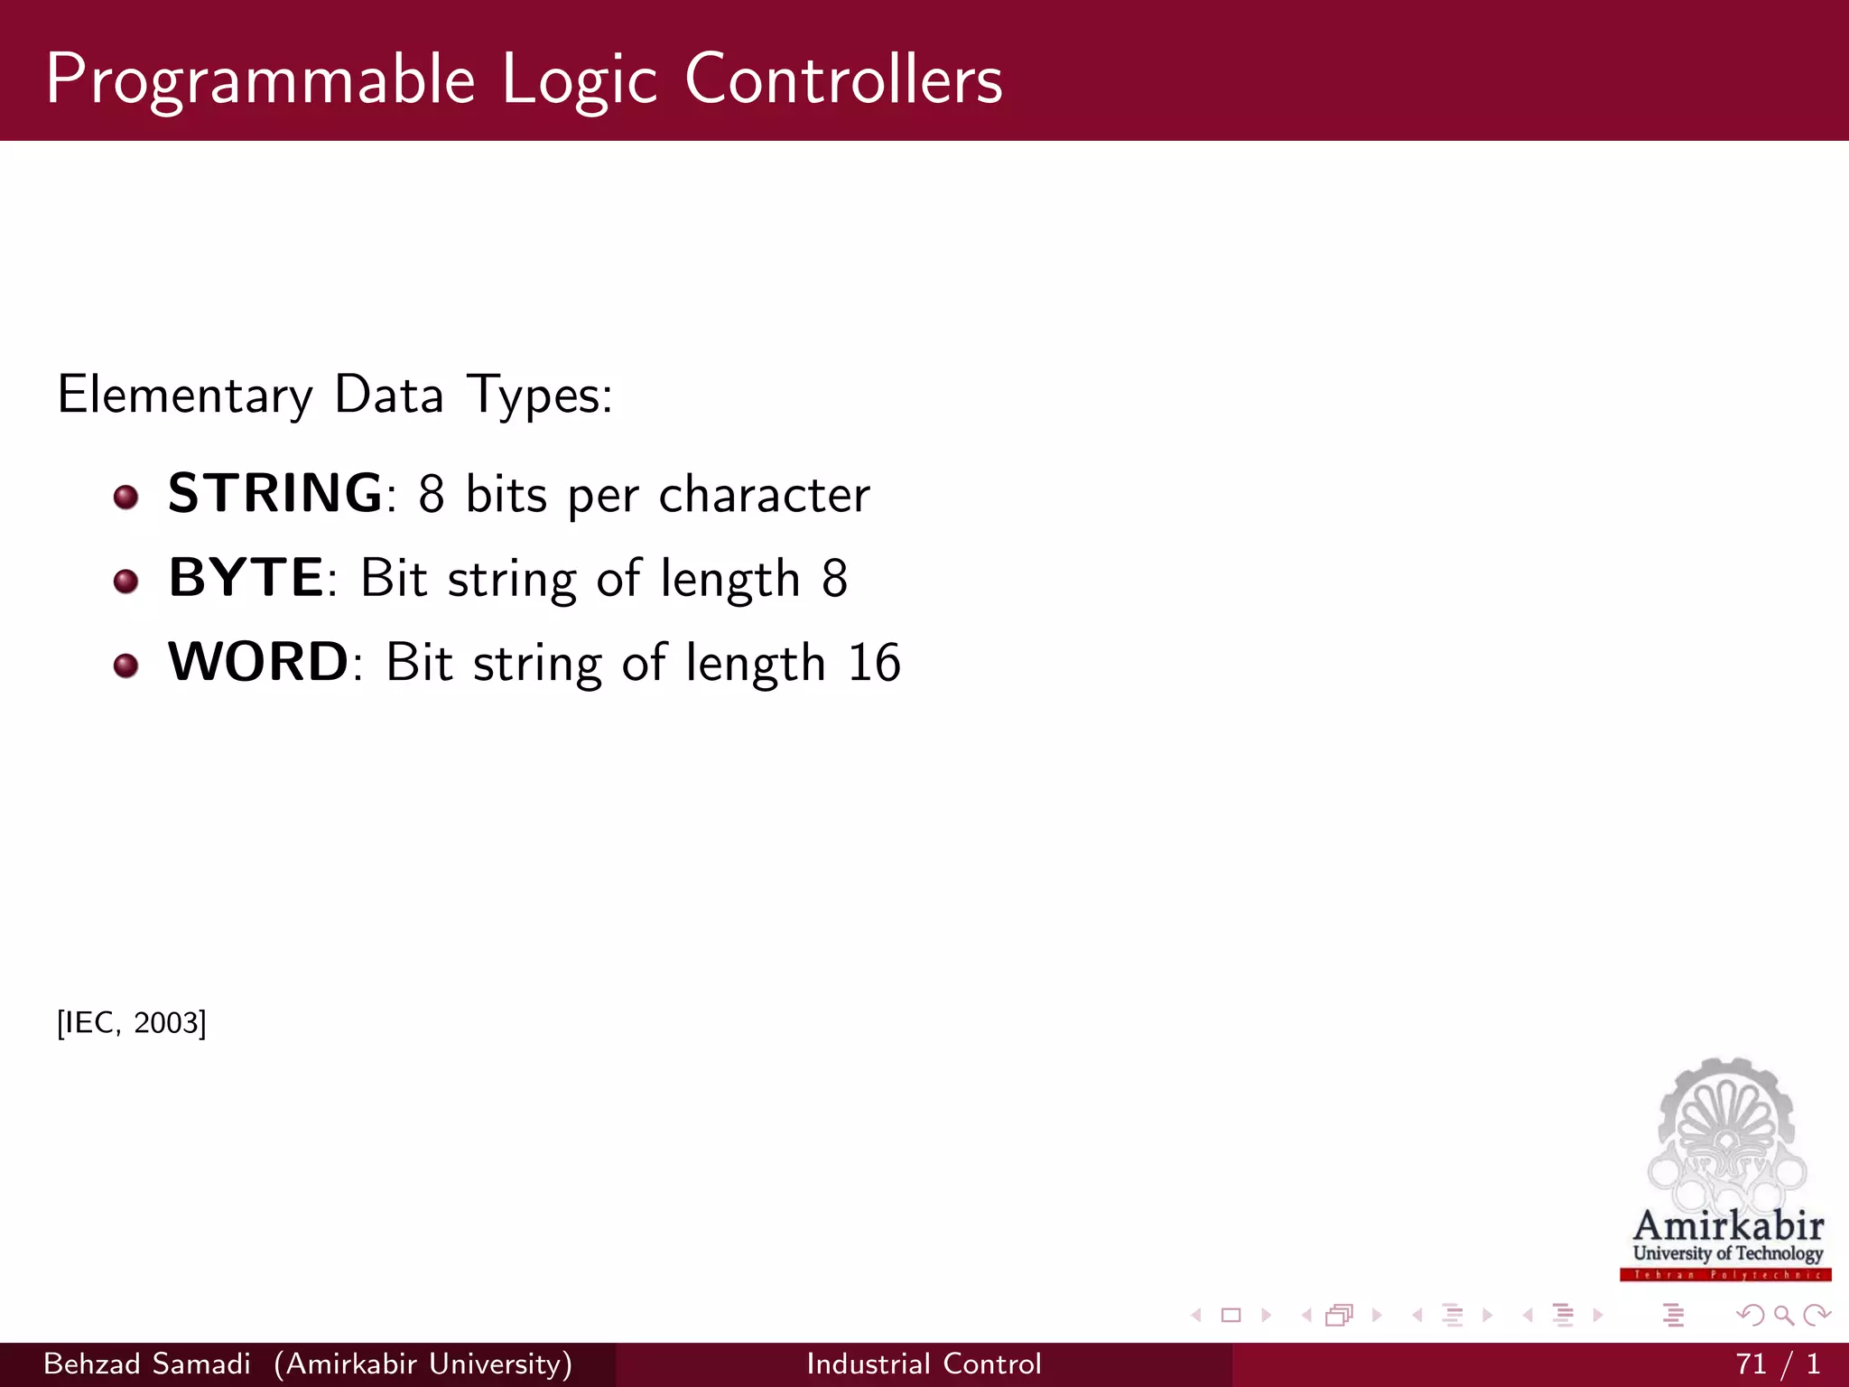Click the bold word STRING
(275, 493)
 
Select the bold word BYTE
(246, 577)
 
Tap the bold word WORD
(258, 662)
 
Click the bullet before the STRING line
(126, 497)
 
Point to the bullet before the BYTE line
(126, 581)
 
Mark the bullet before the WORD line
(126, 666)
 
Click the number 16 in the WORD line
(874, 663)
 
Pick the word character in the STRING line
(764, 495)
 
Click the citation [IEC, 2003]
(132, 1023)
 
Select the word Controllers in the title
(843, 79)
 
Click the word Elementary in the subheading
(185, 396)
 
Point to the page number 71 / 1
(1777, 1364)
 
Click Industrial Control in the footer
(924, 1364)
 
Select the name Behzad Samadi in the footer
(147, 1364)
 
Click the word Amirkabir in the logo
(1728, 1225)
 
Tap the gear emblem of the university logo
(1726, 1129)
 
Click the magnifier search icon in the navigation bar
(1783, 1316)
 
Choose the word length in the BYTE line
(729, 579)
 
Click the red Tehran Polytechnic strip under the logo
(1725, 1275)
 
